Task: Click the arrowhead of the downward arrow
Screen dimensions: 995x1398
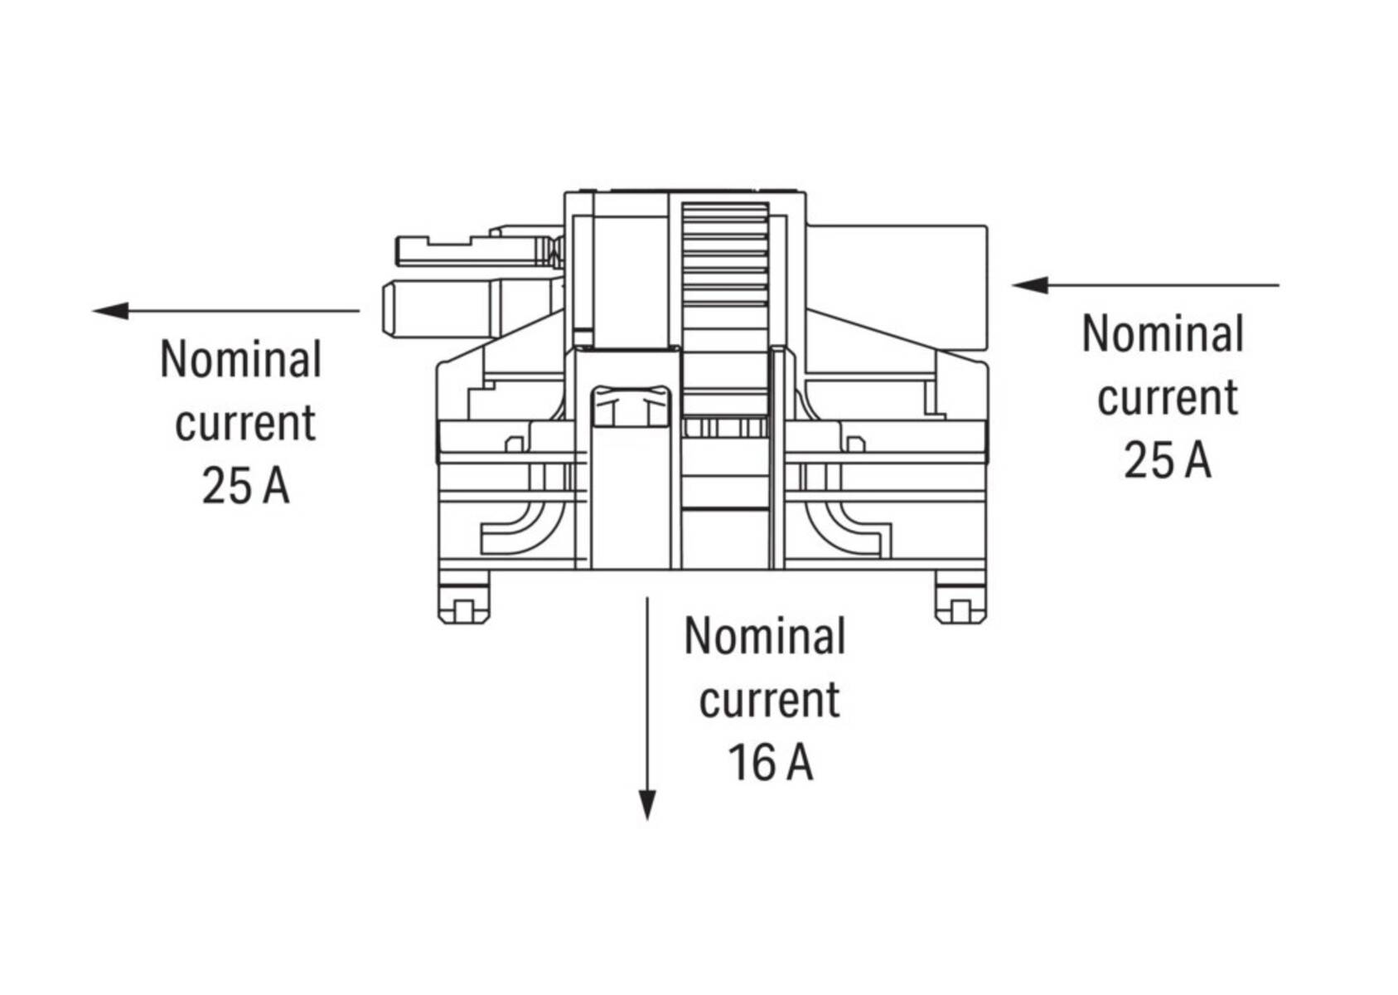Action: pos(646,804)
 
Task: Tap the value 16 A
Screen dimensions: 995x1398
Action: pos(770,763)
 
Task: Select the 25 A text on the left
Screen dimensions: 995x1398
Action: pos(245,486)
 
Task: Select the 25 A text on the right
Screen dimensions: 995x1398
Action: pos(1167,460)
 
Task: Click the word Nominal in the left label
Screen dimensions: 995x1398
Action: pos(240,360)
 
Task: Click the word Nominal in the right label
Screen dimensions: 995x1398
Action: pos(1163,334)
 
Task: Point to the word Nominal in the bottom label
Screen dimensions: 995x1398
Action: pos(764,637)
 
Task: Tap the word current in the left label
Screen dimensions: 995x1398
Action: pos(245,423)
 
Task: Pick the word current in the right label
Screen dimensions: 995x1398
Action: pos(1167,397)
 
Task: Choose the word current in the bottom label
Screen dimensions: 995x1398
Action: pos(769,700)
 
